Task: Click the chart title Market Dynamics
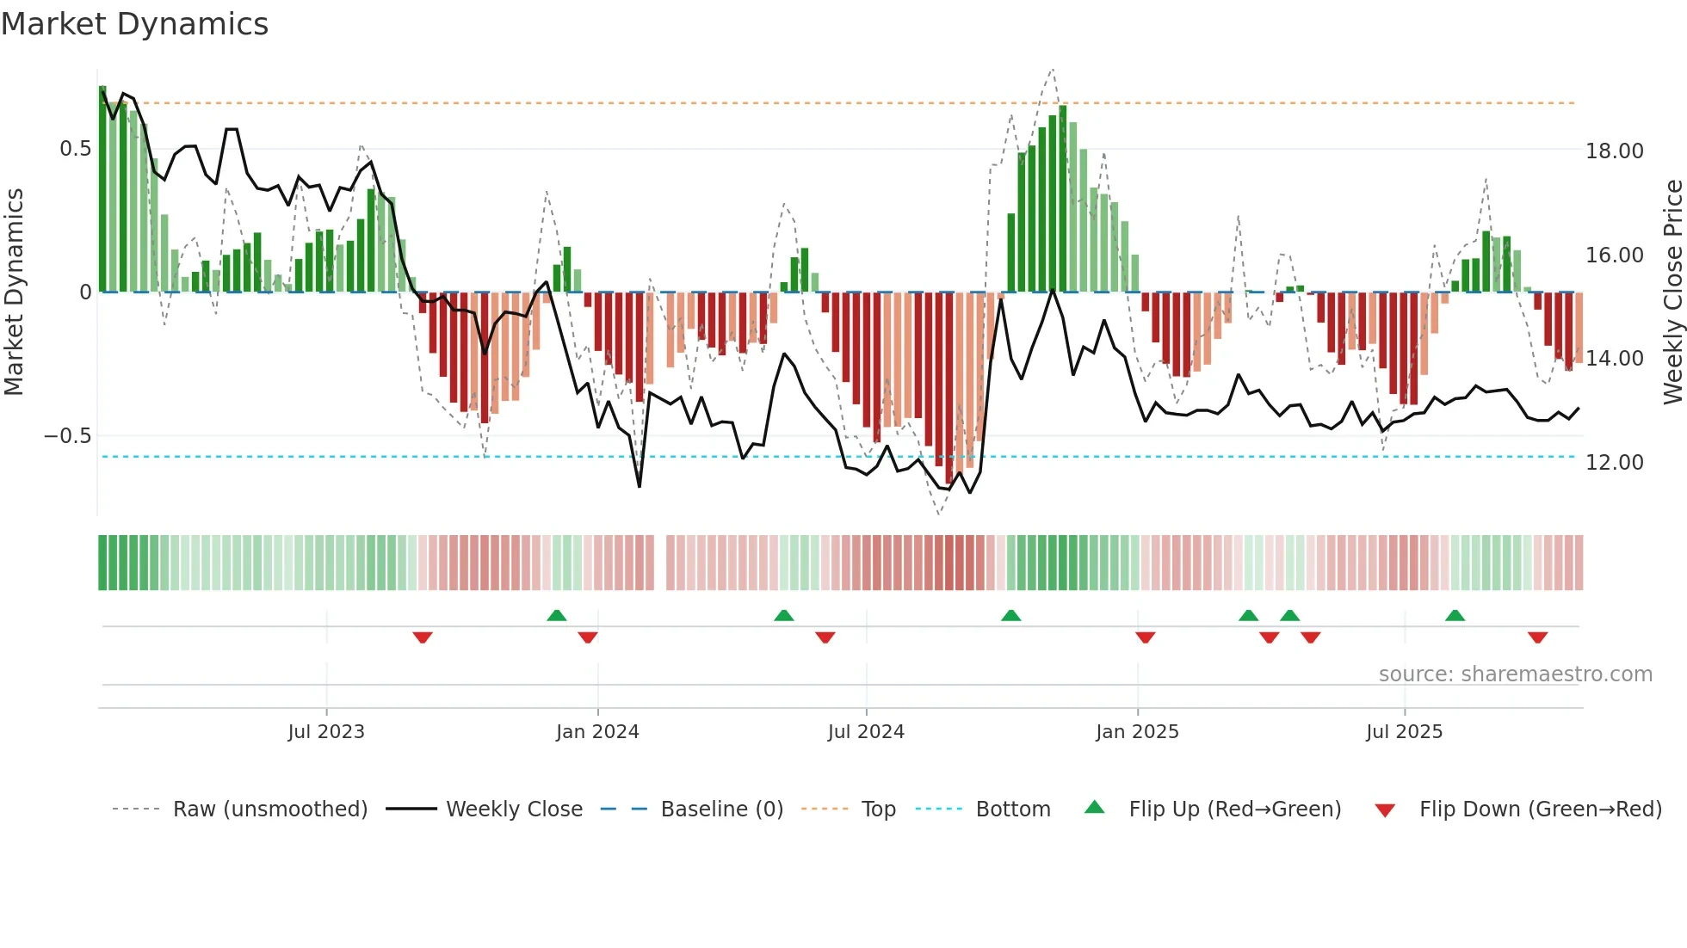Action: [134, 24]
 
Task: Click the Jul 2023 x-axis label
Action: [326, 732]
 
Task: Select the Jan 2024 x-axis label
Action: [597, 732]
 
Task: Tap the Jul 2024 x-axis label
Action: [866, 732]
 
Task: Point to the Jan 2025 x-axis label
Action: [1137, 732]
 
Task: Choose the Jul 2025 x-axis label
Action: [1404, 732]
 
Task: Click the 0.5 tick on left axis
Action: [75, 149]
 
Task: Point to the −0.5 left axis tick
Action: [68, 436]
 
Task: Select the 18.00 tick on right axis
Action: [1615, 151]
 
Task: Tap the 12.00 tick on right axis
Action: [1615, 463]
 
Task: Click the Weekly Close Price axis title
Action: [1672, 292]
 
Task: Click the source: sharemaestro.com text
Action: [1515, 674]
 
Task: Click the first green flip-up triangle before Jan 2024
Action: [557, 615]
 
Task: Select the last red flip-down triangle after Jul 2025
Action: [1537, 637]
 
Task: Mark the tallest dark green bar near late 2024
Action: [1063, 198]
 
